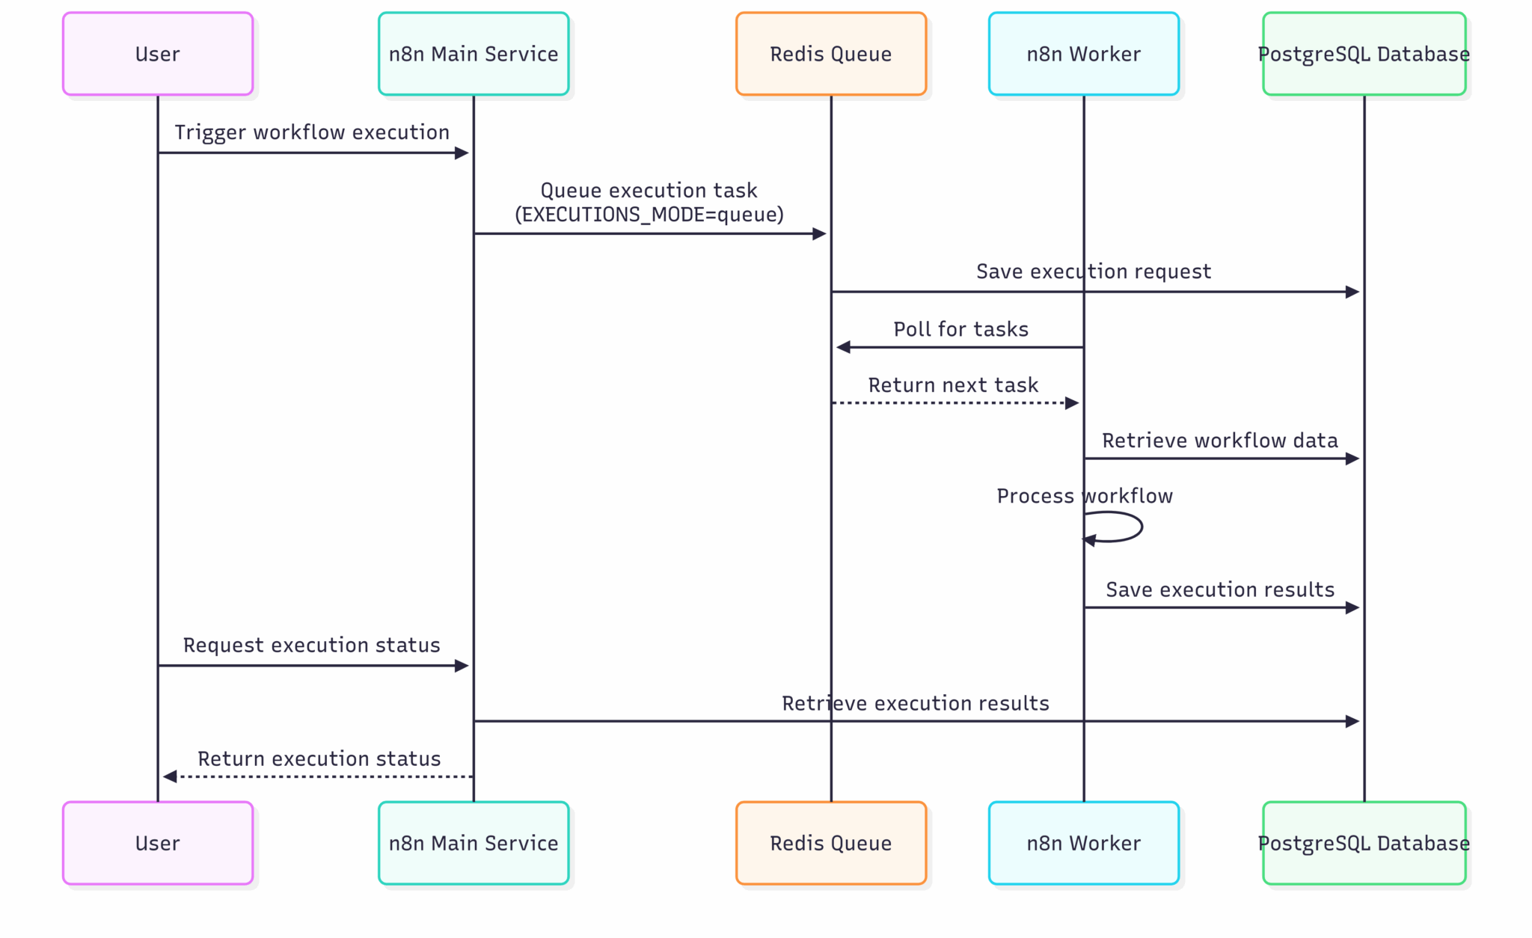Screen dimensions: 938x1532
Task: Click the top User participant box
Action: coord(158,54)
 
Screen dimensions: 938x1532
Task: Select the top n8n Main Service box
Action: coord(474,54)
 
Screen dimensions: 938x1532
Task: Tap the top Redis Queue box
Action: coord(830,54)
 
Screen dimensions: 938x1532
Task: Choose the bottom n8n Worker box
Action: coord(1083,843)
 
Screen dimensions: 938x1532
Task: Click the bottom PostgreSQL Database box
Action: coord(1364,843)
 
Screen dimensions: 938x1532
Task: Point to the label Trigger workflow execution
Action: coord(312,132)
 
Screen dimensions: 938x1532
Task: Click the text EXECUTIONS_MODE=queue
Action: coord(649,215)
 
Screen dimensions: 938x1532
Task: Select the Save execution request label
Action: coord(1093,272)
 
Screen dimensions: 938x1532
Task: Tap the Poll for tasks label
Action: coord(960,329)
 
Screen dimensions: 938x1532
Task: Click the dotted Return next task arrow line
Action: coord(950,403)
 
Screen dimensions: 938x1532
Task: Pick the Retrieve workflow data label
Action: coord(1219,441)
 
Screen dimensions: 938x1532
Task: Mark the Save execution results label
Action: coord(1219,589)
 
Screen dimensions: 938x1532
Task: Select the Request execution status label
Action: coord(312,645)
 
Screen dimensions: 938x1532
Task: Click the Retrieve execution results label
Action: coord(915,703)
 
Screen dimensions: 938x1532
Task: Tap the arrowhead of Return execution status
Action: coord(170,776)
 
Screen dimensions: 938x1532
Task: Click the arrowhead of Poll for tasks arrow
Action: coord(843,347)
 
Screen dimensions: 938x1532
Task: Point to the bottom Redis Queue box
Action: coord(830,843)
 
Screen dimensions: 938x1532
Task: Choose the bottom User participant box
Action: coord(158,843)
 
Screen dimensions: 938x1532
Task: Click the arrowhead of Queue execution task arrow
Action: coord(819,234)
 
